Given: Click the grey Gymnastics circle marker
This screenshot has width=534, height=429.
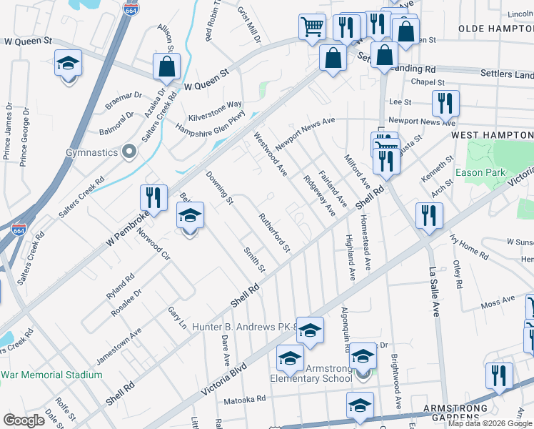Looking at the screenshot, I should (x=129, y=151).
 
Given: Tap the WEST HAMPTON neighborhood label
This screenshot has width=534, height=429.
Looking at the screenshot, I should (x=492, y=134).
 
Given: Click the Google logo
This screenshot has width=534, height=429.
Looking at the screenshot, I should (x=24, y=420).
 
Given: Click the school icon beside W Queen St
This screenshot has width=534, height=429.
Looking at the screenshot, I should (x=69, y=63).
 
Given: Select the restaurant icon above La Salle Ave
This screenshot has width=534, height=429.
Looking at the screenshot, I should (x=429, y=214).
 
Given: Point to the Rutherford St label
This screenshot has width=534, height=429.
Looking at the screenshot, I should (x=275, y=233).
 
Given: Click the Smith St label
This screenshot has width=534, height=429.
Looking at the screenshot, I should (x=254, y=260).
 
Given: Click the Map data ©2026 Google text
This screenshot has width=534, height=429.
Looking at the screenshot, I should (x=490, y=423).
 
